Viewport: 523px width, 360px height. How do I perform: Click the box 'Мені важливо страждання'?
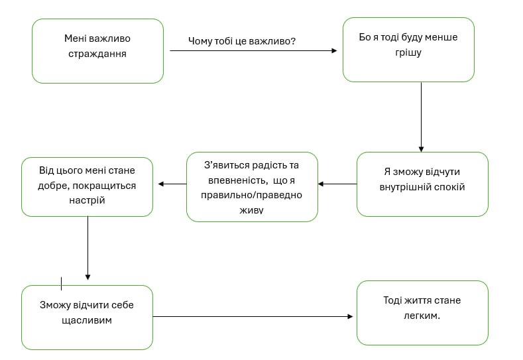(x=97, y=51)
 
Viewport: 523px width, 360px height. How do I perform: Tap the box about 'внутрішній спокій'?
(x=422, y=184)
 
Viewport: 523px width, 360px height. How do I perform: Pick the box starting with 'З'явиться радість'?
(x=252, y=186)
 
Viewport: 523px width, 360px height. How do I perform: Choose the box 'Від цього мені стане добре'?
(x=87, y=186)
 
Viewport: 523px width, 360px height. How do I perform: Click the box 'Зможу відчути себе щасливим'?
(x=87, y=317)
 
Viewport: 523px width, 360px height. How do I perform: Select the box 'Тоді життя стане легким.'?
(x=422, y=312)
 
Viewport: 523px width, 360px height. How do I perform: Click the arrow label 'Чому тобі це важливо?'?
(x=242, y=41)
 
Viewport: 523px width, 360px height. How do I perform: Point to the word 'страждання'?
(x=97, y=54)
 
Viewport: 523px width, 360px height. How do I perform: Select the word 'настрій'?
(x=86, y=200)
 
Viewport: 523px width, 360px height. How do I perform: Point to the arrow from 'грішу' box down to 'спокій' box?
(x=421, y=116)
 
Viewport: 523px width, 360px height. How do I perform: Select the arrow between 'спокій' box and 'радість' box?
(x=337, y=184)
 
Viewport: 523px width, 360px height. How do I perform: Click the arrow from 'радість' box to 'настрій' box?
(x=172, y=184)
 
